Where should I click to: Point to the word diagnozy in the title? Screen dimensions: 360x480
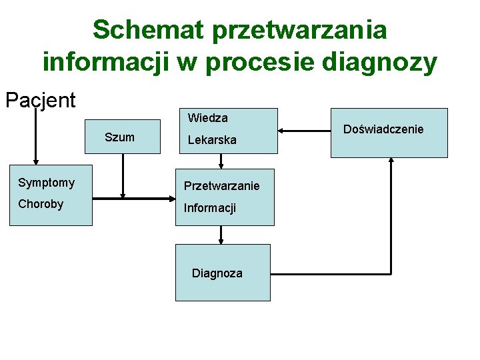coord(379,62)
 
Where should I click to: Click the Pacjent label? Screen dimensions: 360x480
coord(40,100)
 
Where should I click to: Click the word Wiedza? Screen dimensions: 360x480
coord(207,118)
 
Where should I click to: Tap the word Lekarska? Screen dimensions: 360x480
coord(211,141)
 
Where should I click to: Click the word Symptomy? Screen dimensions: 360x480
coord(46,183)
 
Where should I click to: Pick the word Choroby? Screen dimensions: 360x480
coord(41,204)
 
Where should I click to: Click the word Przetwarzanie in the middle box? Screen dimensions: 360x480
coord(221,186)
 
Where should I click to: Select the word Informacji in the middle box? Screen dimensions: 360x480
coord(210,209)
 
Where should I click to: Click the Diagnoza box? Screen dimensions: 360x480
coord(223,273)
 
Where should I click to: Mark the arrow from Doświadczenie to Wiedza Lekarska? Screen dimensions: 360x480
coord(305,130)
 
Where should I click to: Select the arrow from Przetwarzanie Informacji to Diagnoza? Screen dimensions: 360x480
coord(221,235)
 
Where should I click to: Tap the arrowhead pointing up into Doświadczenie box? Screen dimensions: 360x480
coord(390,162)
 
